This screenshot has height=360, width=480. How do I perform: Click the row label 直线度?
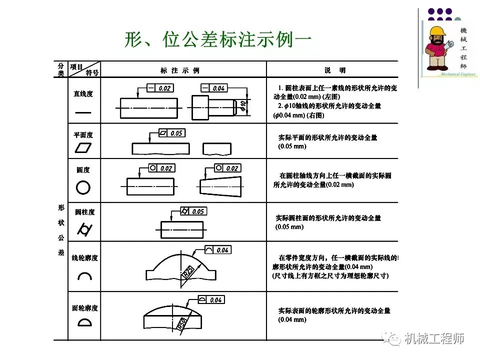(x=83, y=93)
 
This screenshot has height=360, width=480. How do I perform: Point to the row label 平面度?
(x=83, y=135)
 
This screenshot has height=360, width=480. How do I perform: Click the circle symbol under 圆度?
(x=83, y=187)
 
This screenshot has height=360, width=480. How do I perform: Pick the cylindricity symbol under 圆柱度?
(x=83, y=229)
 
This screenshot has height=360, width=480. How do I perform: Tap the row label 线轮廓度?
(x=84, y=258)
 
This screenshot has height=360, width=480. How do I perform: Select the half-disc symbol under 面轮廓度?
(x=84, y=322)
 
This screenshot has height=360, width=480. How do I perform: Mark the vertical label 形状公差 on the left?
(x=61, y=229)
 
